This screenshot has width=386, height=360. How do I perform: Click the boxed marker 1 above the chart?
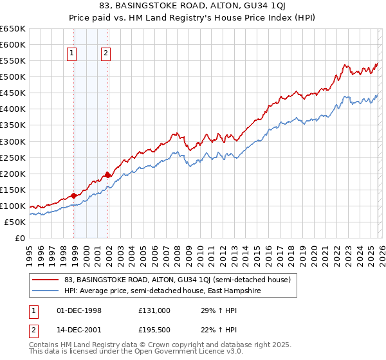point(71,54)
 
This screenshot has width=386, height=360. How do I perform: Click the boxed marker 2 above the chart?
point(105,54)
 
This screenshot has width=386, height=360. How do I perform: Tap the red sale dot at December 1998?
point(74,195)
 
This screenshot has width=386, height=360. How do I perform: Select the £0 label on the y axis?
point(19,238)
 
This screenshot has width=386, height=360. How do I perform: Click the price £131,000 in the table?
point(154,310)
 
